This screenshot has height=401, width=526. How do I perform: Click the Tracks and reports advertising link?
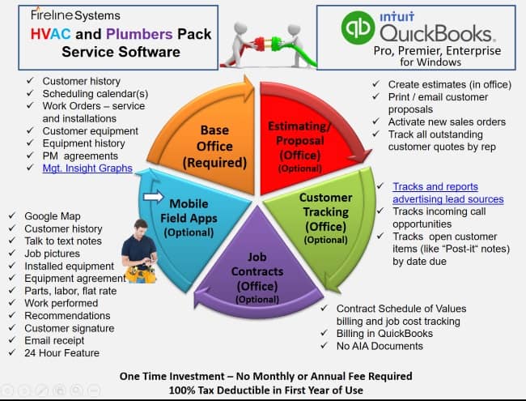pyautogui.click(x=447, y=193)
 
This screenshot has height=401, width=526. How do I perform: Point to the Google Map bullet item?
pyautogui.click(x=53, y=216)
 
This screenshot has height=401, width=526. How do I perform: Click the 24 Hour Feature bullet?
pyautogui.click(x=62, y=352)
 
